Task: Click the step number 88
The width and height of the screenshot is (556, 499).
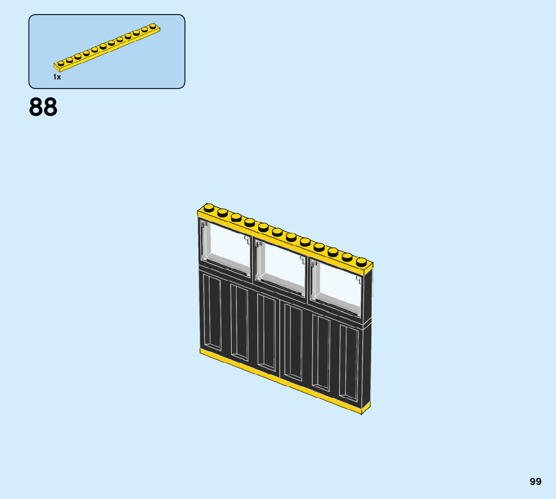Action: (x=43, y=107)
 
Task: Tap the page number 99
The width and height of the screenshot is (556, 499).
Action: (x=535, y=481)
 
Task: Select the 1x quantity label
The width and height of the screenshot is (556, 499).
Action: (x=57, y=77)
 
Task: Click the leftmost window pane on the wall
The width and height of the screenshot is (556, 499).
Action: (x=229, y=247)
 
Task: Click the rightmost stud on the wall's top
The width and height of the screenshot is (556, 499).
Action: (x=361, y=261)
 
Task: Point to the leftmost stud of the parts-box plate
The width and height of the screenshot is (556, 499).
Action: (x=61, y=63)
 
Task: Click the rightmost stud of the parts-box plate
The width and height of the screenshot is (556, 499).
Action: (x=152, y=26)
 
